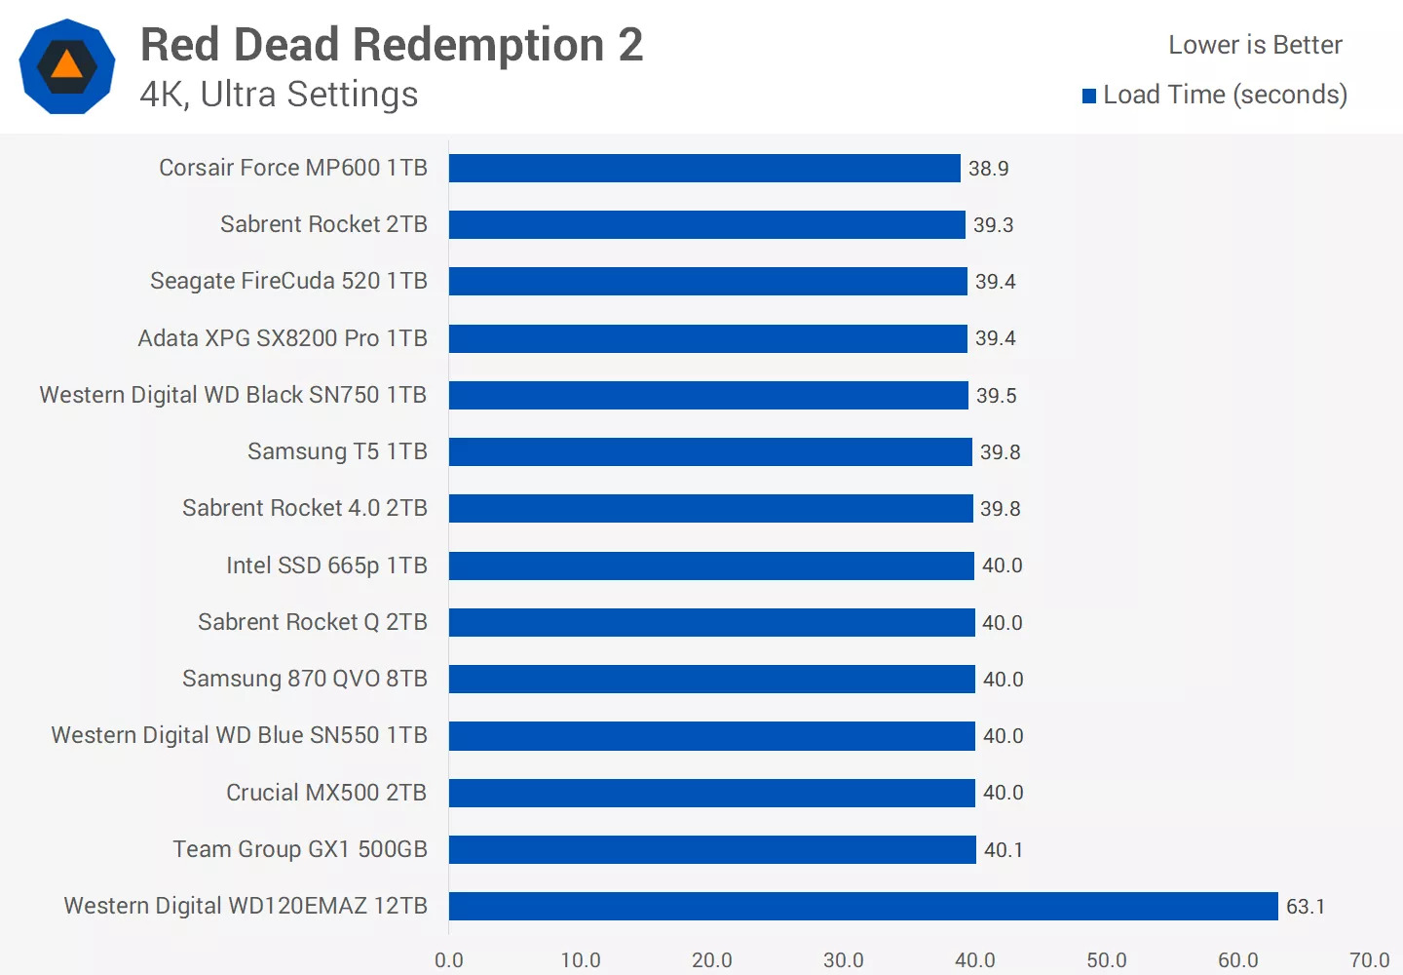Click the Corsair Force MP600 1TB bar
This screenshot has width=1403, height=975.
(704, 168)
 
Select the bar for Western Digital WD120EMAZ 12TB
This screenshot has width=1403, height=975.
(863, 906)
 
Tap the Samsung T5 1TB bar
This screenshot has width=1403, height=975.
(710, 451)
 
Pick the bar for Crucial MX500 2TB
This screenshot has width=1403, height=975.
(711, 793)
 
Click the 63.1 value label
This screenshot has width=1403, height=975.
(1306, 907)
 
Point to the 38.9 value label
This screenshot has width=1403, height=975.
(988, 169)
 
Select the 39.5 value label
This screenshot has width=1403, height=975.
(996, 396)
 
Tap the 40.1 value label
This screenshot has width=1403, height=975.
(1003, 850)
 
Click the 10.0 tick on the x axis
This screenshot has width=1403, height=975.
(581, 960)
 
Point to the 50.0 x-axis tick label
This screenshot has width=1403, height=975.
(1107, 960)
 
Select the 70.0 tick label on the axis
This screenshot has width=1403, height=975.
(1369, 960)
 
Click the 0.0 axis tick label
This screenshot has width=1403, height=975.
(449, 960)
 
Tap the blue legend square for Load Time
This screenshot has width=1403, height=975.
(1089, 96)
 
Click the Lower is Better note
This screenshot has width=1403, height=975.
(1255, 45)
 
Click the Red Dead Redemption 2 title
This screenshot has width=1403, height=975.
(392, 45)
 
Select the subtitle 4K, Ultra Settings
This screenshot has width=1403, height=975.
(279, 95)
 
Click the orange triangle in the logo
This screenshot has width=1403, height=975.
(66, 65)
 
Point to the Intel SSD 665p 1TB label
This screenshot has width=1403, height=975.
(326, 565)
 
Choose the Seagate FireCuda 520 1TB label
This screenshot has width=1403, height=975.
(288, 281)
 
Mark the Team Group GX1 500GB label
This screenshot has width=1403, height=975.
(300, 849)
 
